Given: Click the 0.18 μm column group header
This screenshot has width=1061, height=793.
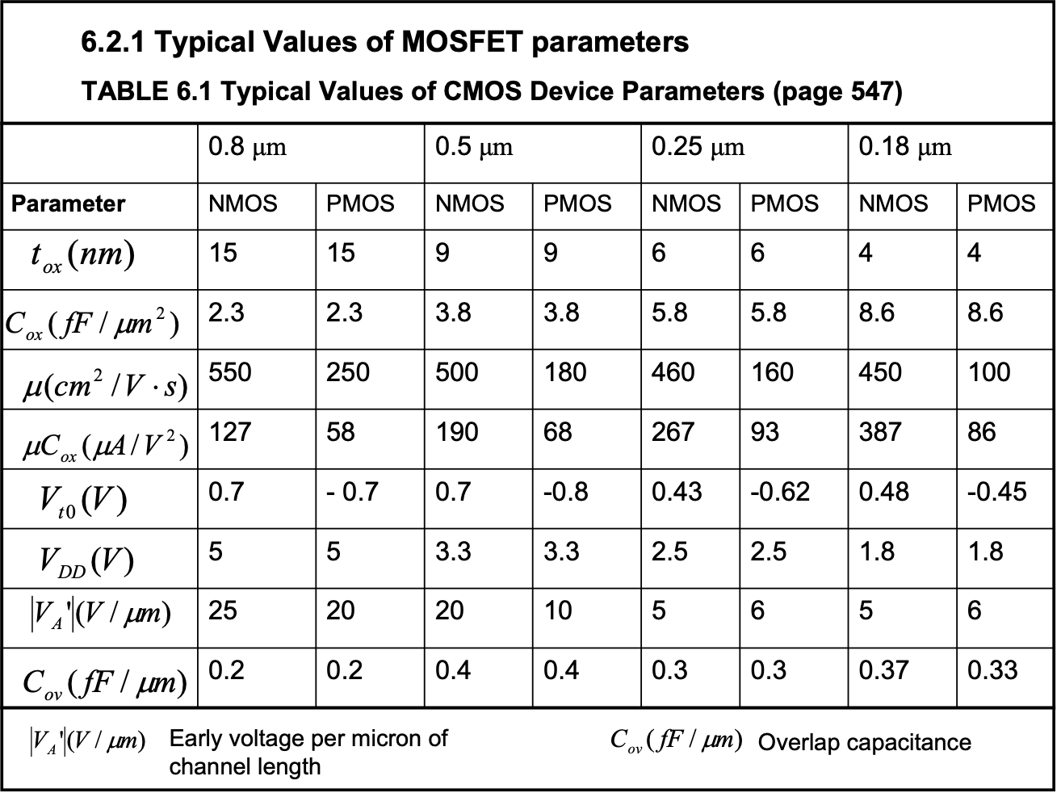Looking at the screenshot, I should (x=905, y=147).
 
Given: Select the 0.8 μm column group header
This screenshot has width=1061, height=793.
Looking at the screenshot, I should (x=247, y=147).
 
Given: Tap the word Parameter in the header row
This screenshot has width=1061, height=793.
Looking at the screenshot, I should (x=68, y=203).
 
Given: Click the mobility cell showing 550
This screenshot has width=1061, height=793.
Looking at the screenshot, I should (x=230, y=372).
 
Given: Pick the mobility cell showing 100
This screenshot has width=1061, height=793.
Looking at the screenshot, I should (x=989, y=372).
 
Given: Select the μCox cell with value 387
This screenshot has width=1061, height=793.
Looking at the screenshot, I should (x=879, y=432).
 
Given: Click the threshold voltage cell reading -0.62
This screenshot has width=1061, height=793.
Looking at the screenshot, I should (x=780, y=492).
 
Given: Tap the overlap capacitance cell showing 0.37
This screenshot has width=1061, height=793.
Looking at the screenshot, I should (x=883, y=670).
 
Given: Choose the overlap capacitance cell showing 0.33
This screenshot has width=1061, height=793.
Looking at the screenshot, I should (x=992, y=670).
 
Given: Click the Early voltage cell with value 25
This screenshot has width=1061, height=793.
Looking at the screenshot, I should (x=223, y=610).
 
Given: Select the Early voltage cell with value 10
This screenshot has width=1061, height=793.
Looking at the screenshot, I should (x=558, y=610).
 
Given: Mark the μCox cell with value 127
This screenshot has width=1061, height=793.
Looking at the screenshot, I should (x=230, y=432).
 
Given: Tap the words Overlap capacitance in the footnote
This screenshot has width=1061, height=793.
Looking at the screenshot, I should (x=864, y=742).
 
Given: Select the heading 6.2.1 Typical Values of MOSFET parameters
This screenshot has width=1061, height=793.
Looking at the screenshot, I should (x=385, y=41).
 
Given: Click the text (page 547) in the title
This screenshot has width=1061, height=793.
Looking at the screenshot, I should (x=837, y=91).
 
